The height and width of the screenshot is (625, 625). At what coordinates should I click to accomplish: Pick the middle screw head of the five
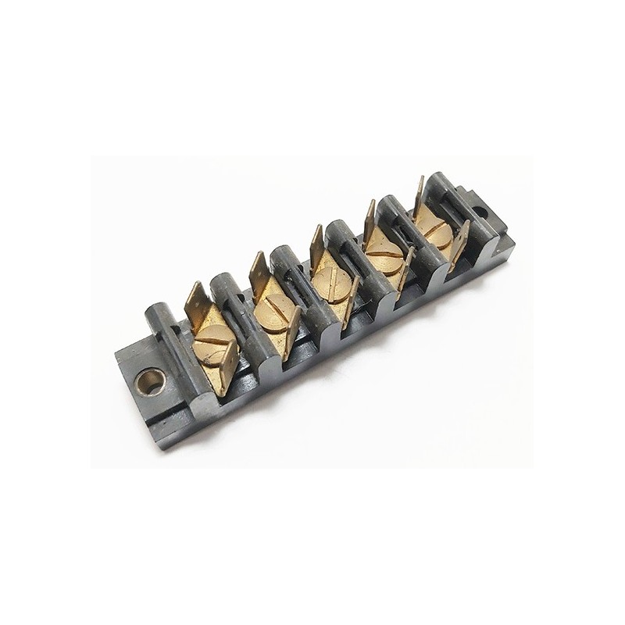point(331,280)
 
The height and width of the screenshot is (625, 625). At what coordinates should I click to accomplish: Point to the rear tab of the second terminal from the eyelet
point(259,271)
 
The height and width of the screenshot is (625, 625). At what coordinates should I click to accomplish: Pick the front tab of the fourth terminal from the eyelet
point(405,270)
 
